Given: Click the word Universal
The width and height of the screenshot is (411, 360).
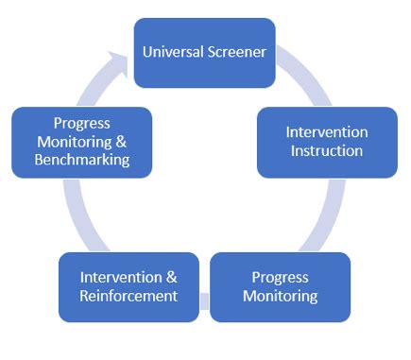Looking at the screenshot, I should (172, 50).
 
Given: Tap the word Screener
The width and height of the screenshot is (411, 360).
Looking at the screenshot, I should (237, 50).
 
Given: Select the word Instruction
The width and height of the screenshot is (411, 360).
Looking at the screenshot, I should (326, 151).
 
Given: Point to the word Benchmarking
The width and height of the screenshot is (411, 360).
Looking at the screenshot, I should (81, 160).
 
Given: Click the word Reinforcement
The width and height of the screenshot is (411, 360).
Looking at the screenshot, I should (128, 296).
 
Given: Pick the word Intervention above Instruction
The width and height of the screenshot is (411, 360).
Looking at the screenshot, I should (327, 132).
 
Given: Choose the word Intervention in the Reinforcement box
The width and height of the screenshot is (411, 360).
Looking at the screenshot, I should (122, 277).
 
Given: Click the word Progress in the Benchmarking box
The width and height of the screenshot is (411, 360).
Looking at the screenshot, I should (81, 122).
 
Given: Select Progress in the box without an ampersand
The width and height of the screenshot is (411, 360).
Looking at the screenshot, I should (280, 277).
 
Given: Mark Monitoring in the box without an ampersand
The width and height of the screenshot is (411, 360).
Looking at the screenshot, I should (280, 296).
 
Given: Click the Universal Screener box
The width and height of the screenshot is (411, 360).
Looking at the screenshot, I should (204, 53).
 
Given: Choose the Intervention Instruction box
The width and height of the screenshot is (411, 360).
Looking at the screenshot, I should (327, 142).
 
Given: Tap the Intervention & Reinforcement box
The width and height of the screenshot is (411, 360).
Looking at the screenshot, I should (128, 286).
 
